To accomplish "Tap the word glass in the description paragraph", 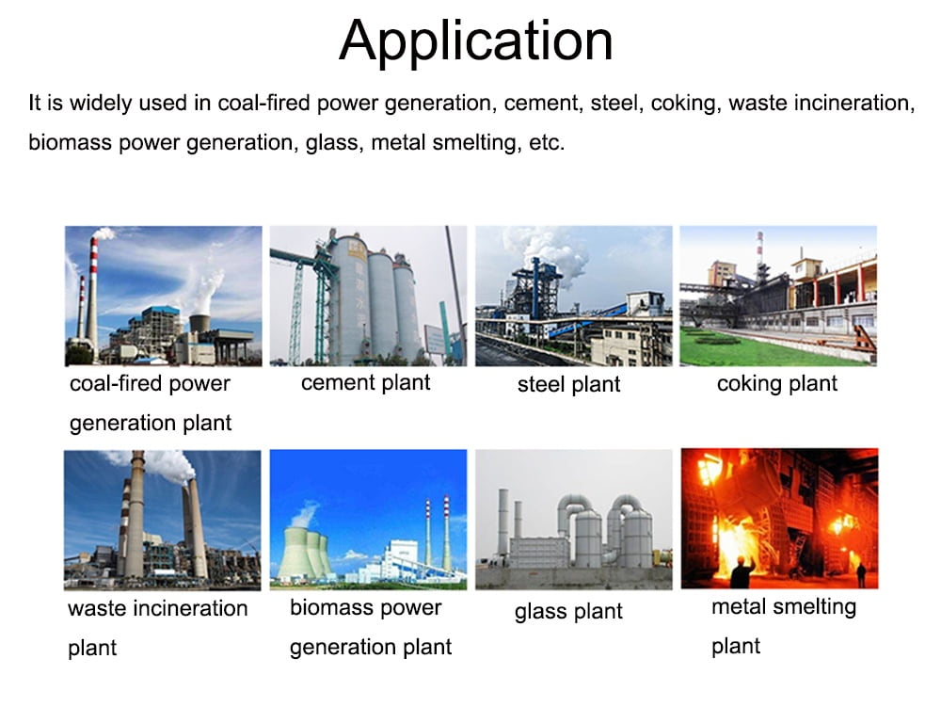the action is tap(334, 143).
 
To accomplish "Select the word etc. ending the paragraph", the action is tap(547, 143).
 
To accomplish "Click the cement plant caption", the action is tap(365, 383).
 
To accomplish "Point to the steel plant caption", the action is tap(569, 384).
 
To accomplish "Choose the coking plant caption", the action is tap(777, 384).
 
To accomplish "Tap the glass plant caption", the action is tap(568, 611).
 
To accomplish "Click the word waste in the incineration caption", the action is tap(97, 609).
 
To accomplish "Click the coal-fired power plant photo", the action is tap(163, 296).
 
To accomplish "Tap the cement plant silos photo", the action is tap(368, 296).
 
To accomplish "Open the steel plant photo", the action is tap(574, 296).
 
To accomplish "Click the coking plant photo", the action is tap(778, 296).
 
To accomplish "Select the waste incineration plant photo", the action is tap(163, 520).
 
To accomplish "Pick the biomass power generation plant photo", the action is tap(368, 520).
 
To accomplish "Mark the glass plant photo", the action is tap(574, 520).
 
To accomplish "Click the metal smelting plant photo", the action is tap(779, 518).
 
